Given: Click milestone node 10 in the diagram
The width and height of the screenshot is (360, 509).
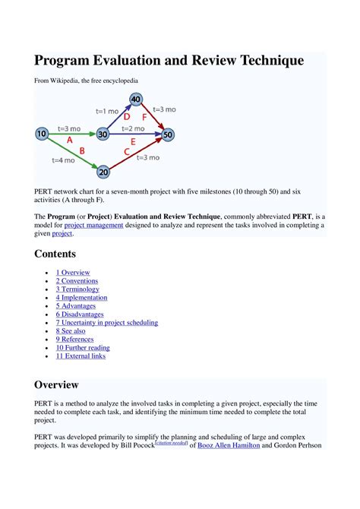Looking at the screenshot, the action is click(42, 134).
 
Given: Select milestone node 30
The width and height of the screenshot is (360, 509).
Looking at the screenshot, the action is click(103, 134).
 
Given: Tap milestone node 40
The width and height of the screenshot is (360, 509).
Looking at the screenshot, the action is click(136, 100).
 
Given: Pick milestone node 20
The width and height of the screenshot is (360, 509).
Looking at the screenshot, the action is click(104, 172).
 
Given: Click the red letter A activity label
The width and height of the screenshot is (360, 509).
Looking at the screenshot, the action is click(70, 141).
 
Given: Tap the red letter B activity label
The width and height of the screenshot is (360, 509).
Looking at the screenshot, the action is click(81, 151).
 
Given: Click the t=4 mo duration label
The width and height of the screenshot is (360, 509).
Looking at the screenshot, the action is click(62, 160).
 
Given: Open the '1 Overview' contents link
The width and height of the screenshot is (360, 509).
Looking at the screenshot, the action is click(73, 273).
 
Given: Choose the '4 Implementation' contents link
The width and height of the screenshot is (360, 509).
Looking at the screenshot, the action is click(82, 298).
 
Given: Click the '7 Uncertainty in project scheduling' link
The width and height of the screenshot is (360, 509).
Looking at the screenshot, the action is click(106, 323).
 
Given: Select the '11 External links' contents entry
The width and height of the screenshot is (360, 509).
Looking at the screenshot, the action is click(81, 356).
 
